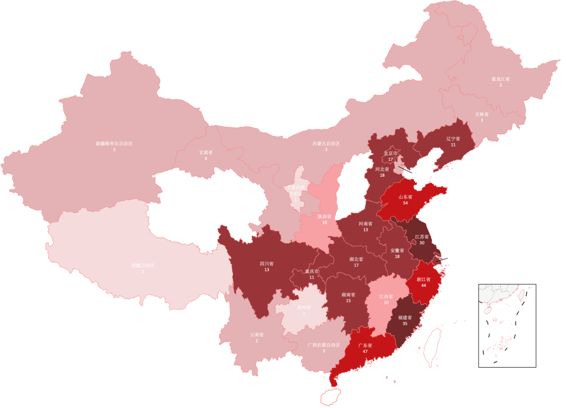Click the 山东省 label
pos(405,197)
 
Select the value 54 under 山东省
pos(405,203)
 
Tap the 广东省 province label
pos(365,345)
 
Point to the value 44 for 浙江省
pos(423,286)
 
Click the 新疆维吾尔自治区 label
pos(114,143)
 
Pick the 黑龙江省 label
pos(500,79)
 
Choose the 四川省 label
pos(267,263)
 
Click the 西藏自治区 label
pos(143,265)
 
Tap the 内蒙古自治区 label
pos(326,143)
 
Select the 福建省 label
pos(405,317)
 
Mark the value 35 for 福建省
pos(405,324)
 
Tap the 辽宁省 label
pos(453,138)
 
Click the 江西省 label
pos(386,296)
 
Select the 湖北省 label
pos(356,259)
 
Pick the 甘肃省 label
pos(205,152)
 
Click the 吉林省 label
pos(482,114)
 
